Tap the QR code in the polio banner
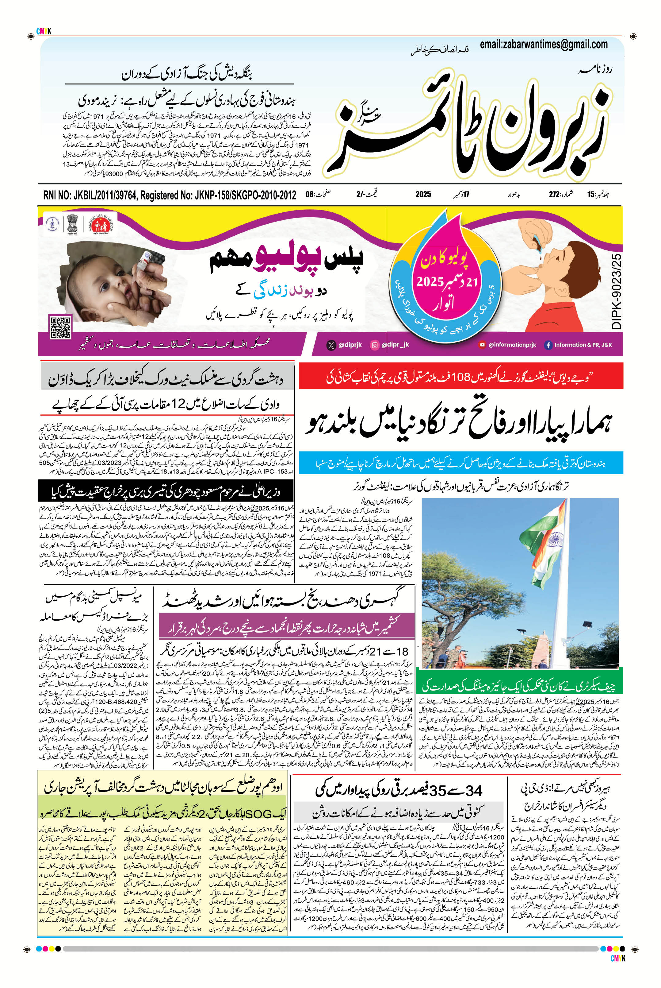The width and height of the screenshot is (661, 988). (60, 327)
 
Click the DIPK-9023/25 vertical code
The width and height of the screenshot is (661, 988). (616, 292)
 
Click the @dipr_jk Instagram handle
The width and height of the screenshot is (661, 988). (390, 345)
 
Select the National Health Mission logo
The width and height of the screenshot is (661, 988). (97, 223)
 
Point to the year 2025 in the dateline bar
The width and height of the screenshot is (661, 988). (423, 194)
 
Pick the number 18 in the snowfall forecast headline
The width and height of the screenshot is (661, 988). (403, 651)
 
